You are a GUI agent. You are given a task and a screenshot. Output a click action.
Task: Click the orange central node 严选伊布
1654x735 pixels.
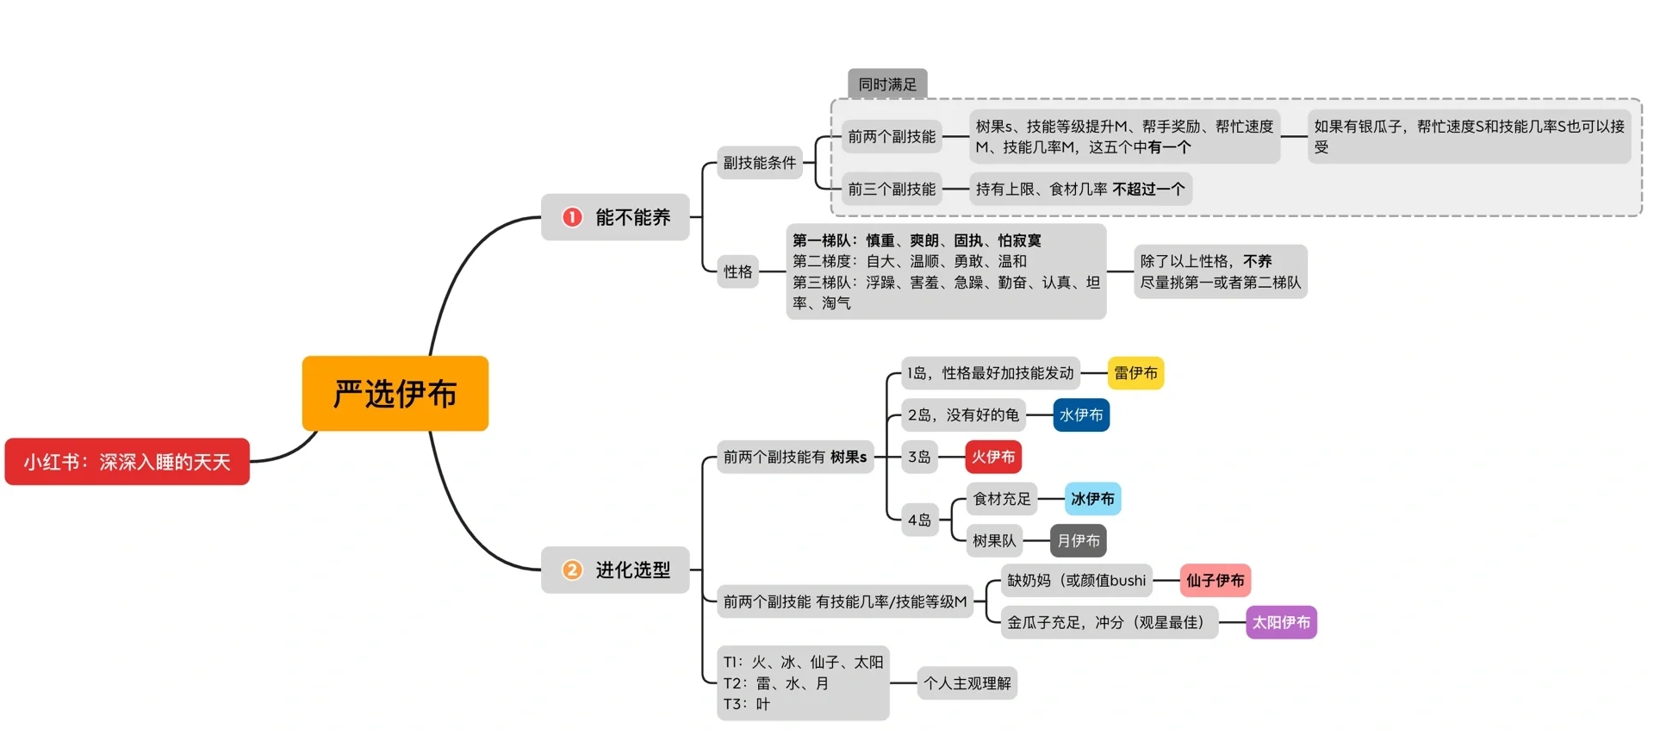(x=395, y=394)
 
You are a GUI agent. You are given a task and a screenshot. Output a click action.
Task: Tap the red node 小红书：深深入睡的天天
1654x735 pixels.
(x=127, y=462)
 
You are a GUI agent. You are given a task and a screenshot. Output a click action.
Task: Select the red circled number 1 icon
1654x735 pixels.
(x=572, y=217)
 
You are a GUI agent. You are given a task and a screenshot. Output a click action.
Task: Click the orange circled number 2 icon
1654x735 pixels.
(x=572, y=570)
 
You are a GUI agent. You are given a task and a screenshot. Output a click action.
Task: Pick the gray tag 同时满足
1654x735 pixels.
(x=887, y=84)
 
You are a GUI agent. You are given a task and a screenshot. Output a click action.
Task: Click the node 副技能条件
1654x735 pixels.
(x=759, y=163)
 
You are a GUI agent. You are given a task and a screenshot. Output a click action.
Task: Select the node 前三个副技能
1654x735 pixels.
(x=892, y=189)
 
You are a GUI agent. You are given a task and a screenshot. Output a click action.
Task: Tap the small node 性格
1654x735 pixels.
(x=737, y=272)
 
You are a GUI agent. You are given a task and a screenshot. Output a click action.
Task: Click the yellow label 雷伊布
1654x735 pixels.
(x=1135, y=373)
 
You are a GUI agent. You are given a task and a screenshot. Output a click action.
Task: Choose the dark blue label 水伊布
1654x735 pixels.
(x=1081, y=415)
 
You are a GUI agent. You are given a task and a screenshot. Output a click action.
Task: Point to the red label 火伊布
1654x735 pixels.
(x=993, y=457)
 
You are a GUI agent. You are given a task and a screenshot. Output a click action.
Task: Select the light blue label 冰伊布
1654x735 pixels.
(x=1092, y=499)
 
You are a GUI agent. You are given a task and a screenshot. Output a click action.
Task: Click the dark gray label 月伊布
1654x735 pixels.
(x=1078, y=541)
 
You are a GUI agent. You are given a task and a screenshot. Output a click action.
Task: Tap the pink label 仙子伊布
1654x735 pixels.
(x=1215, y=581)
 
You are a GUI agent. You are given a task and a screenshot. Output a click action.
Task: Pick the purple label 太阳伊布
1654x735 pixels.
(x=1281, y=622)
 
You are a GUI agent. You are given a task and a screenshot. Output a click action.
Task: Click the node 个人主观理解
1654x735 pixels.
(x=967, y=683)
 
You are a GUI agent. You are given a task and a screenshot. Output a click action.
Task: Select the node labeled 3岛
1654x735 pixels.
(x=919, y=457)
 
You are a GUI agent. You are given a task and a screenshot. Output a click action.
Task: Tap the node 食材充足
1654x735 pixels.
(x=1001, y=499)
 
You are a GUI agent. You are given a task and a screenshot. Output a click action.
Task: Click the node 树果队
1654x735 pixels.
(x=994, y=541)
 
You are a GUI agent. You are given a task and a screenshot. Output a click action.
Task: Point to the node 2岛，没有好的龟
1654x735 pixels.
(x=962, y=415)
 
